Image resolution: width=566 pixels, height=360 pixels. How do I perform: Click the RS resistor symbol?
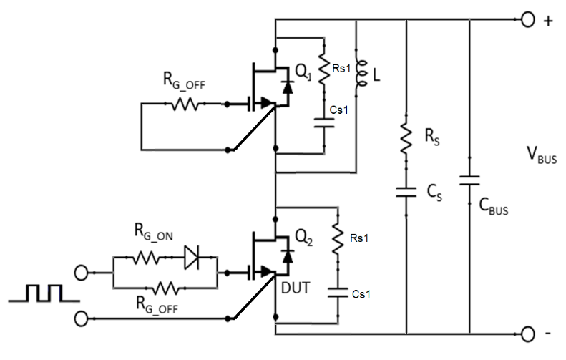point(406,137)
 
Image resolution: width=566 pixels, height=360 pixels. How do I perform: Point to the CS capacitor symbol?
point(406,191)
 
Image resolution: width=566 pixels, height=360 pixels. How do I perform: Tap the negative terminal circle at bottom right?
point(527,333)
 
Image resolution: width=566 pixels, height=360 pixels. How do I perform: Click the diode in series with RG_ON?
point(192,256)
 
